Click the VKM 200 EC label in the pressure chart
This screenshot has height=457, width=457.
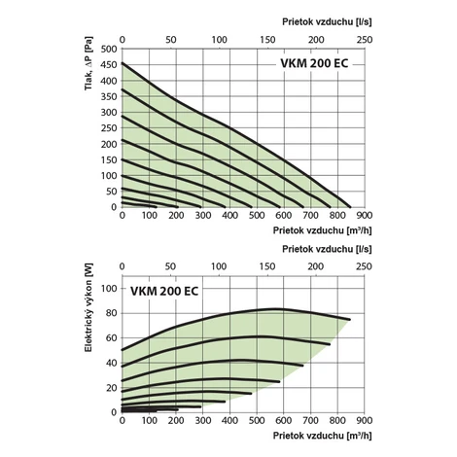pyautogui.click(x=314, y=63)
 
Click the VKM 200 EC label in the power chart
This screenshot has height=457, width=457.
pyautogui.click(x=164, y=291)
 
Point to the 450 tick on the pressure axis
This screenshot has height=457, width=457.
pyautogui.click(x=109, y=65)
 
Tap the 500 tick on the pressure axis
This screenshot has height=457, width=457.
pyautogui.click(x=109, y=49)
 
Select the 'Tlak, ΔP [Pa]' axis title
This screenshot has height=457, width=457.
pyautogui.click(x=88, y=63)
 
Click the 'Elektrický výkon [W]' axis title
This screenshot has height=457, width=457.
pyautogui.click(x=88, y=307)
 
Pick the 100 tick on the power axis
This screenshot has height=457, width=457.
pyautogui.click(x=109, y=288)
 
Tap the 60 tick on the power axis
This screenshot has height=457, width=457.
pyautogui.click(x=111, y=338)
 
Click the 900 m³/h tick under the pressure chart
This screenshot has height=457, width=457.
pyautogui.click(x=365, y=215)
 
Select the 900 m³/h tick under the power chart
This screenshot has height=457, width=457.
pyautogui.click(x=365, y=420)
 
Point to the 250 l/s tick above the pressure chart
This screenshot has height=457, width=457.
pyautogui.click(x=365, y=40)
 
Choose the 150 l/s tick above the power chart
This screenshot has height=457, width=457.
pyautogui.click(x=267, y=266)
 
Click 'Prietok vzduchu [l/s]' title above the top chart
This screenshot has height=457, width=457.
pyautogui.click(x=327, y=21)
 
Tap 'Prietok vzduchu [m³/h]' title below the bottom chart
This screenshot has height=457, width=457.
pyautogui.click(x=322, y=436)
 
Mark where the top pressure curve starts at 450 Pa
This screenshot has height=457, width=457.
pyautogui.click(x=123, y=63)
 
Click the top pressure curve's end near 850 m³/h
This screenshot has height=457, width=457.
pyautogui.click(x=350, y=206)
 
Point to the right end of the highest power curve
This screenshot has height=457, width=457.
pyautogui.click(x=350, y=320)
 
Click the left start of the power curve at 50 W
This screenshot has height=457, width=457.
pyautogui.click(x=123, y=350)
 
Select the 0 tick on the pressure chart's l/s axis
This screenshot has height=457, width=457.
pyautogui.click(x=123, y=40)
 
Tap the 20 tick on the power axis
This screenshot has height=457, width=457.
pyautogui.click(x=111, y=388)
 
